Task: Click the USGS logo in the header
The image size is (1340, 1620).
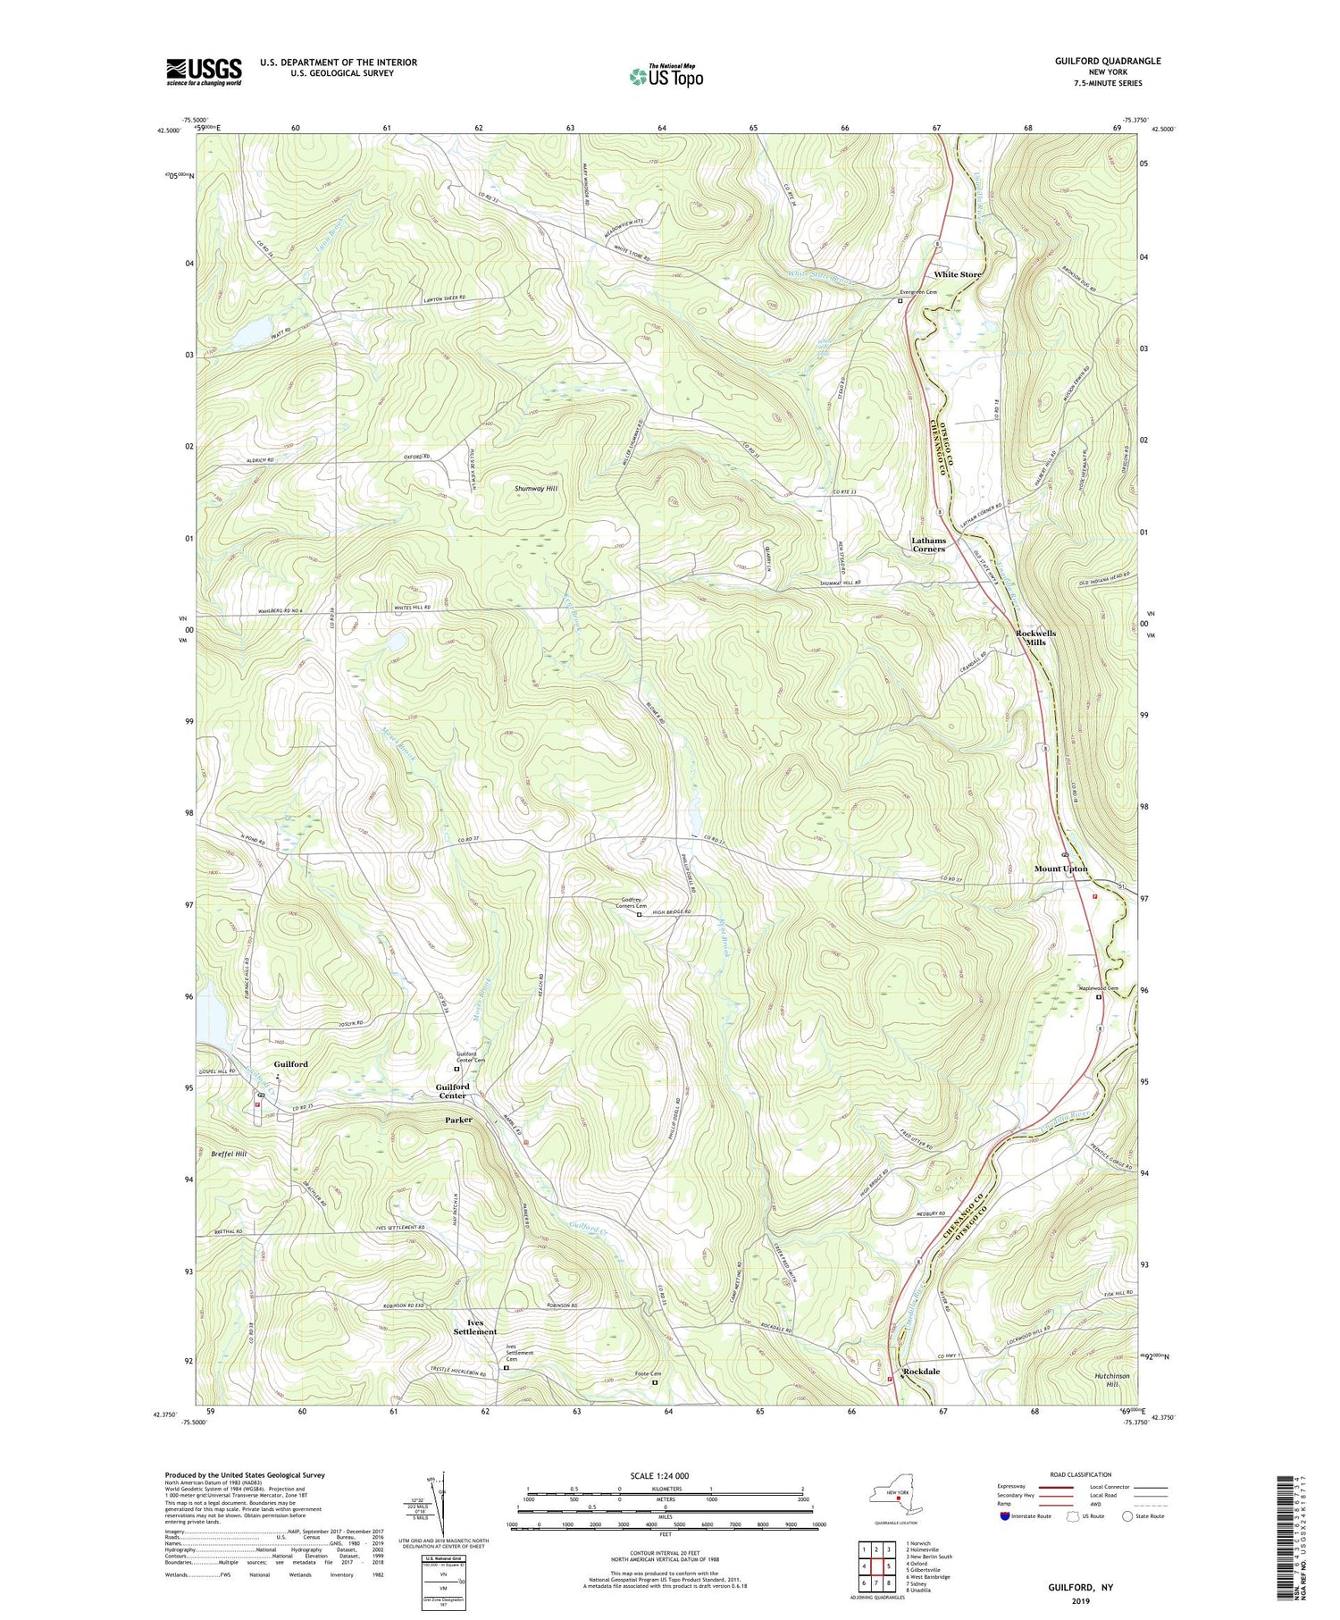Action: pyautogui.click(x=204, y=71)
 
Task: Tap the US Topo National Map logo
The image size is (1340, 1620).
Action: pyautogui.click(x=666, y=76)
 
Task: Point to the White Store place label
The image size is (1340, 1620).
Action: pyautogui.click(x=957, y=274)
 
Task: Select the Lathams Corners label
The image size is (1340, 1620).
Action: pyautogui.click(x=928, y=544)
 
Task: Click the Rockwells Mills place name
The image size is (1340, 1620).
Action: pyautogui.click(x=1035, y=637)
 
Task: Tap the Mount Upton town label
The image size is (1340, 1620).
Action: pyautogui.click(x=1060, y=869)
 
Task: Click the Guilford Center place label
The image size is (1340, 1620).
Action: pyautogui.click(x=452, y=1091)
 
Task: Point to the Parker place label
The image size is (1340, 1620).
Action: pyautogui.click(x=458, y=1120)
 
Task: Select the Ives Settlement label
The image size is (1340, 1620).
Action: pyautogui.click(x=474, y=1327)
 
